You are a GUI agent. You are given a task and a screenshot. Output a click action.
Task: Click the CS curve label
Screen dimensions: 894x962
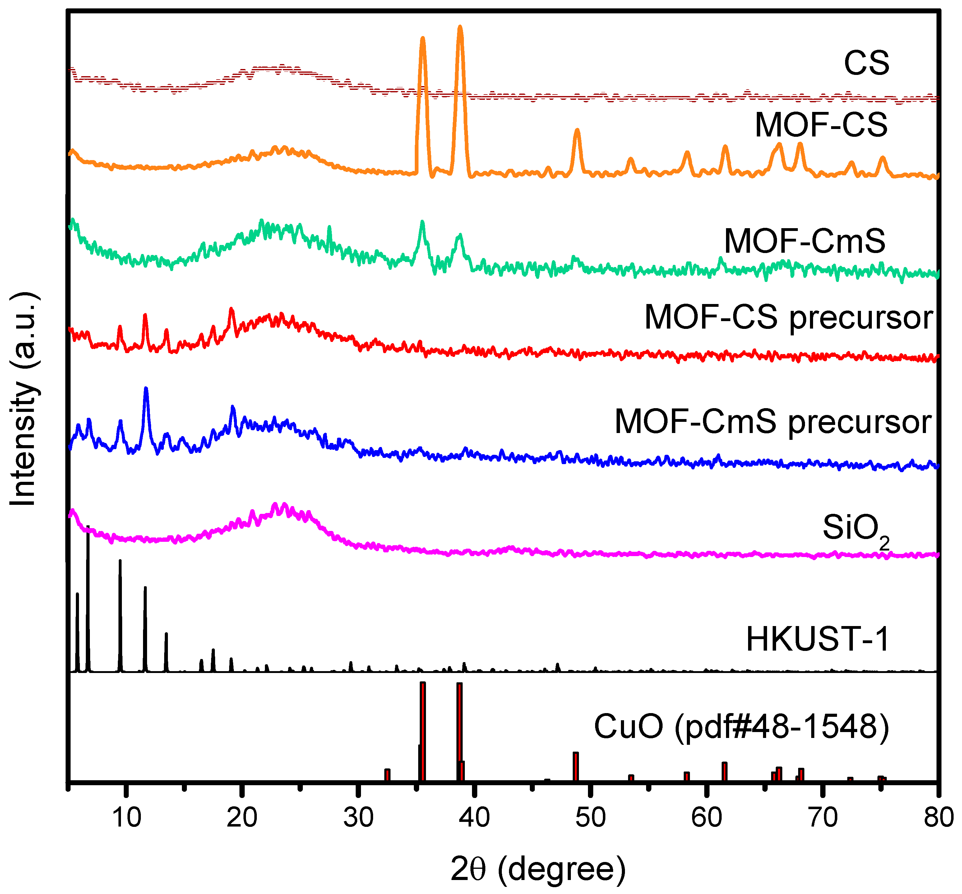pos(866,63)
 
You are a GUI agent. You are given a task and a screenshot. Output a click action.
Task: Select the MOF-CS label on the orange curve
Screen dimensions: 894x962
pos(821,125)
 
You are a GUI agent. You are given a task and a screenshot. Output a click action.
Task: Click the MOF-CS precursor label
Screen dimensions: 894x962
pos(788,318)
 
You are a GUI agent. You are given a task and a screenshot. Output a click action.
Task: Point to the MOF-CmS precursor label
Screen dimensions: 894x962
pos(773,422)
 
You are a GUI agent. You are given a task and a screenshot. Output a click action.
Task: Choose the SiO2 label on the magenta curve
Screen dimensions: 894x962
pos(856,529)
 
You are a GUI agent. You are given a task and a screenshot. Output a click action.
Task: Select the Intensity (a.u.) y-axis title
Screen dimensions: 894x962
pos(23,399)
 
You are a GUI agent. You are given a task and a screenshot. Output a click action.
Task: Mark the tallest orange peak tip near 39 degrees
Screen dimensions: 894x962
pos(460,27)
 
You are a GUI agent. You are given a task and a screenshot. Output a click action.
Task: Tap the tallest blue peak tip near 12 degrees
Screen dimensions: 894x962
pos(146,389)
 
